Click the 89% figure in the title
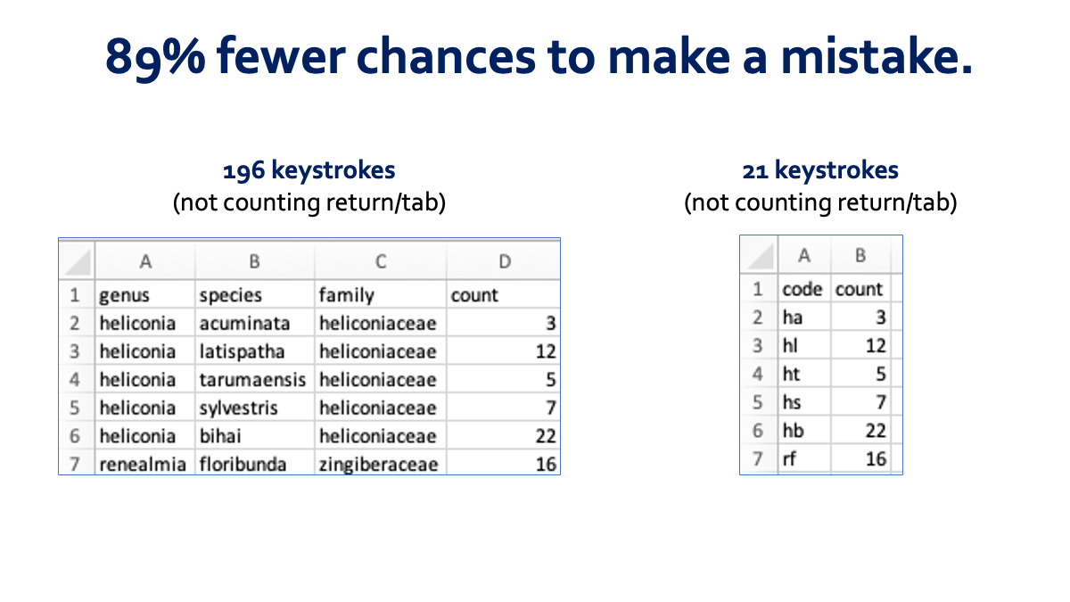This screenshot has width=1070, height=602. pyautogui.click(x=155, y=57)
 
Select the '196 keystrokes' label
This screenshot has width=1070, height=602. pyautogui.click(x=309, y=170)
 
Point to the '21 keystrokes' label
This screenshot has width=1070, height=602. pyautogui.click(x=820, y=170)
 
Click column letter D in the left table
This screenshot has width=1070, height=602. pyautogui.click(x=505, y=261)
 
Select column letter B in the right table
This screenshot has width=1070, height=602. pyautogui.click(x=860, y=256)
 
